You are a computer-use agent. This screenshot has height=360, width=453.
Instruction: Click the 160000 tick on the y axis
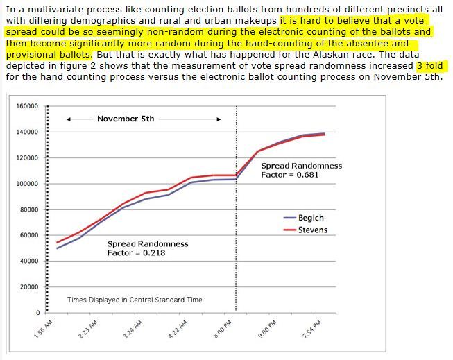tap(27, 106)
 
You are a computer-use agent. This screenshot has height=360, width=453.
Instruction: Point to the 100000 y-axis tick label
tap(27, 184)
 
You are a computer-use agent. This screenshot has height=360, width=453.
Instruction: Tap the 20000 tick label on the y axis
tap(29, 287)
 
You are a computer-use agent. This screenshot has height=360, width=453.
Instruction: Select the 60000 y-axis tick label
tap(29, 236)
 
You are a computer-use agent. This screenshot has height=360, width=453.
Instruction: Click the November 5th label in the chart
tap(126, 119)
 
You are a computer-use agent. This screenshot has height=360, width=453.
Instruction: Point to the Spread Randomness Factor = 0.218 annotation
tap(148, 248)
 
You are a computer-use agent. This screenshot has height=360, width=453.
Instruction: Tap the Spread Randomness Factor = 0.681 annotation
tap(301, 170)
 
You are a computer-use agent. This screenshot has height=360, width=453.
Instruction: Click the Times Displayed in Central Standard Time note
tap(135, 300)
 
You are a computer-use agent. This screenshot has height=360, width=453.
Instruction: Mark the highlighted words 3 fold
tap(429, 66)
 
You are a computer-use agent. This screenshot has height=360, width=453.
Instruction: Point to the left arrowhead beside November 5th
tap(69, 119)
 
